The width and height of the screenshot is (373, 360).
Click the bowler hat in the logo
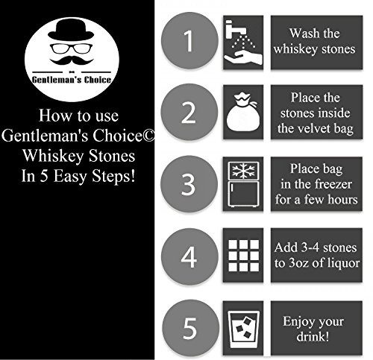(71, 30)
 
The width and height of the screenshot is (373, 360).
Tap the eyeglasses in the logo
(71, 48)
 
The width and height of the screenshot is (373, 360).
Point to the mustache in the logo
(72, 60)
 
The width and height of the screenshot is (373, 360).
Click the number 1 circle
(189, 40)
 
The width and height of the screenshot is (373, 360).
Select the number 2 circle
(189, 113)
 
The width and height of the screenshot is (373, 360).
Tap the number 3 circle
(189, 184)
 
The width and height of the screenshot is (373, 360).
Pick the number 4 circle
(189, 256)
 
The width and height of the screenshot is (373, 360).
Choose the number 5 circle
(190, 328)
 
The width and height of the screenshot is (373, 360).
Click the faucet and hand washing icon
(243, 42)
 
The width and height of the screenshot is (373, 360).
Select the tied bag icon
(243, 112)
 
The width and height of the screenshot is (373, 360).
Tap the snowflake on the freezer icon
(243, 171)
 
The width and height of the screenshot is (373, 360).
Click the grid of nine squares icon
(244, 256)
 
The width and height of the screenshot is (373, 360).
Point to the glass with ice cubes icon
(243, 329)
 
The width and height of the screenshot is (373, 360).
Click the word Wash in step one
(301, 33)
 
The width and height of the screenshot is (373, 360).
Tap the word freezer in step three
(333, 184)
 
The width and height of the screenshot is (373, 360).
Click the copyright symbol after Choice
(148, 136)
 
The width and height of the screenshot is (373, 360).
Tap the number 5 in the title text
(44, 176)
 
